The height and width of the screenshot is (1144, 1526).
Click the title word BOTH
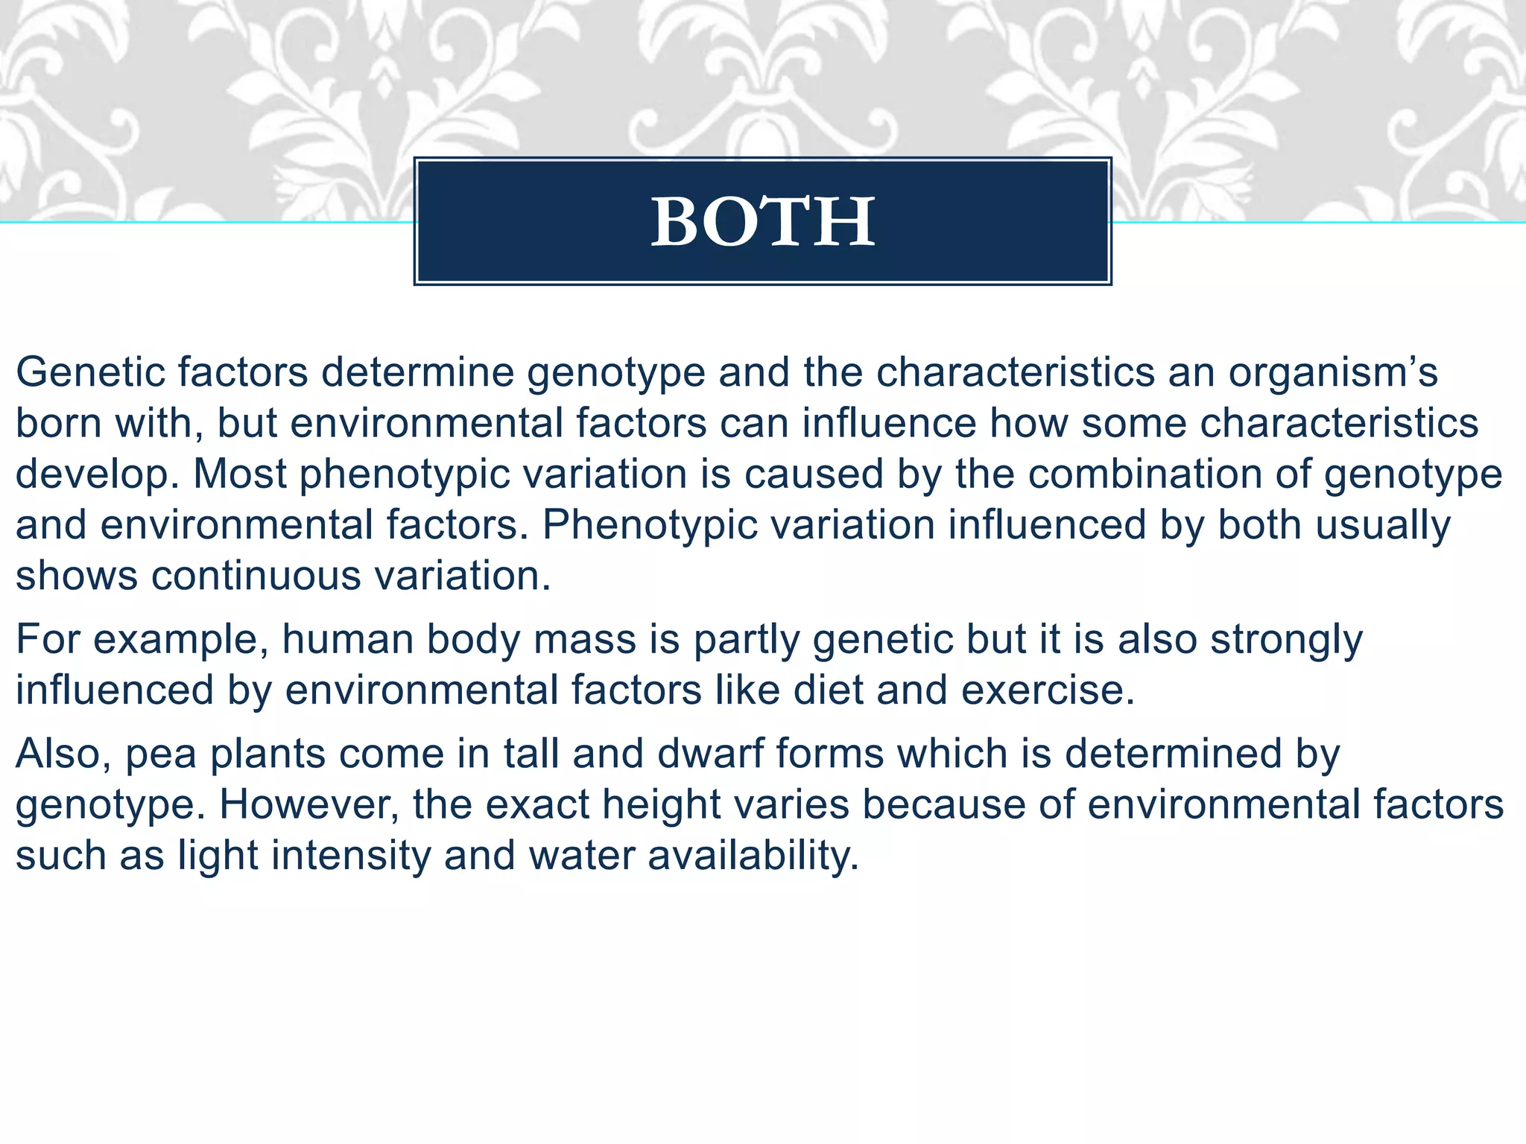pyautogui.click(x=762, y=221)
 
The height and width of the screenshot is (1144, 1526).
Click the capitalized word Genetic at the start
pyautogui.click(x=89, y=372)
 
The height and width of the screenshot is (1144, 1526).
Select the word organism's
pyautogui.click(x=1333, y=372)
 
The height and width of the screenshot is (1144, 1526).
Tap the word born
pyautogui.click(x=58, y=423)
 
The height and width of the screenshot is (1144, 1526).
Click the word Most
pyautogui.click(x=240, y=474)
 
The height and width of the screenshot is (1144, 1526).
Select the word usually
pyautogui.click(x=1383, y=525)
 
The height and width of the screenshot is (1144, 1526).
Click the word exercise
pyautogui.click(x=1047, y=690)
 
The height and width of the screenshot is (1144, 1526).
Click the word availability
pyautogui.click(x=753, y=855)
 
